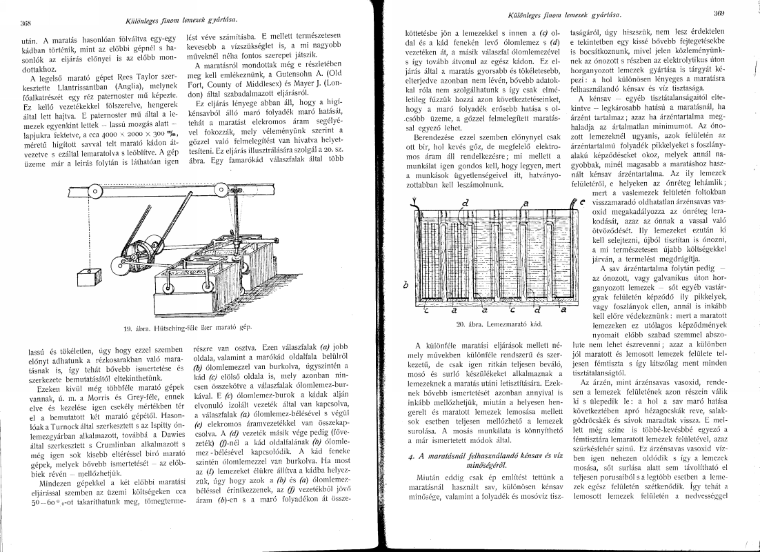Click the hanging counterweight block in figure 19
click(x=87, y=278)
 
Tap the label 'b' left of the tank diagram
click(x=405, y=284)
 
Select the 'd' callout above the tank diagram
click(x=466, y=203)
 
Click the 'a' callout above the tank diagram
click(x=526, y=204)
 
